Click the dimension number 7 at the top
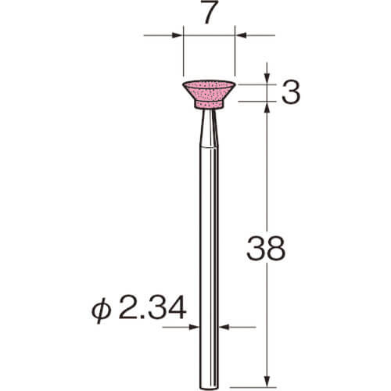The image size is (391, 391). point(210,12)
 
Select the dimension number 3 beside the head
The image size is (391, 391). point(291,92)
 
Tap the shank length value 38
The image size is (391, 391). point(266,249)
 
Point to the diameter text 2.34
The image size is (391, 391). point(152,307)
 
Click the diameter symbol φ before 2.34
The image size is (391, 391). point(101,310)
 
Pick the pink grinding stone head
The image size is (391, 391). point(209,94)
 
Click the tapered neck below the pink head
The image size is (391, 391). point(209,128)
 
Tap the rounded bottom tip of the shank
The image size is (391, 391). point(209,387)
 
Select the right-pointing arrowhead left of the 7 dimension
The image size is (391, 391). point(178,35)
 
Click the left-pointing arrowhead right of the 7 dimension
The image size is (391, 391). point(241,35)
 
